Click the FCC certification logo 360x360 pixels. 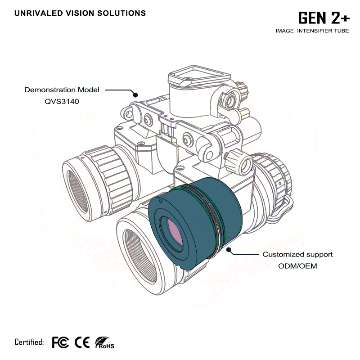[60, 342]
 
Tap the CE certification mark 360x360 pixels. [82, 342]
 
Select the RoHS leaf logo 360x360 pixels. [105, 343]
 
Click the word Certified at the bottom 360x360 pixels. [29, 342]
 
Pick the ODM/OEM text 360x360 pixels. [297, 266]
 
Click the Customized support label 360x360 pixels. [297, 255]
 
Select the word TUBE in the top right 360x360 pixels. [341, 31]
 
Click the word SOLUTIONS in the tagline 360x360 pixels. [121, 13]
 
